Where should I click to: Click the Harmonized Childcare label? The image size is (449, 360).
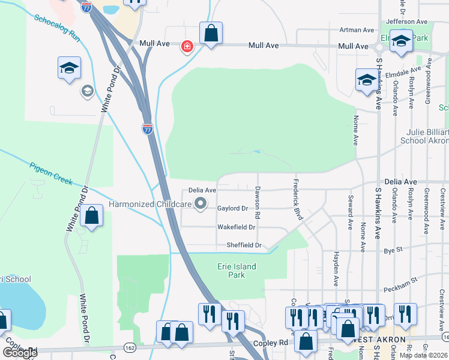(150, 205)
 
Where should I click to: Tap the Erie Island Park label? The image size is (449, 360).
(236, 271)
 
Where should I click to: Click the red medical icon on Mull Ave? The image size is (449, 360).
(187, 46)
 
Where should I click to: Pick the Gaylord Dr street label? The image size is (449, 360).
(232, 208)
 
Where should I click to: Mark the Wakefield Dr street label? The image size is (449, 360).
(236, 227)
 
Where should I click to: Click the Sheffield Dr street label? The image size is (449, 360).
(244, 245)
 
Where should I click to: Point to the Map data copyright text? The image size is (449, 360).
(424, 355)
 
